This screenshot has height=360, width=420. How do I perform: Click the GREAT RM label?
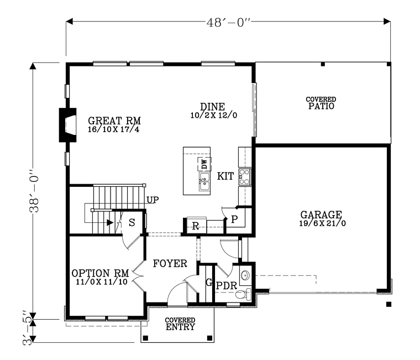click(x=114, y=121)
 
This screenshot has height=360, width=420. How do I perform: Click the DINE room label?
click(x=212, y=107)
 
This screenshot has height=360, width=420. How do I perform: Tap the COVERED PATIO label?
click(x=321, y=103)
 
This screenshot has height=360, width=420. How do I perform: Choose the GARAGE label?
click(x=321, y=215)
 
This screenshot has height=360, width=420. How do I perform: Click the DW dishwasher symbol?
click(x=204, y=164)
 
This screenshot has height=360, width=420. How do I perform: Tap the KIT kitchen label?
click(x=225, y=176)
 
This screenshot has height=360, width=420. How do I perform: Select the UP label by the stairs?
click(x=153, y=200)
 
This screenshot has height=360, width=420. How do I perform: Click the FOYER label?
click(x=170, y=263)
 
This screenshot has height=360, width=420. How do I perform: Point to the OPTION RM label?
click(x=100, y=273)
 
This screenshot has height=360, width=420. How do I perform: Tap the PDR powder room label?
click(x=226, y=286)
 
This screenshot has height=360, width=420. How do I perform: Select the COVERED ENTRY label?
click(x=180, y=324)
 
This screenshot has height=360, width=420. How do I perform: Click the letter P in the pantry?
click(x=234, y=220)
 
